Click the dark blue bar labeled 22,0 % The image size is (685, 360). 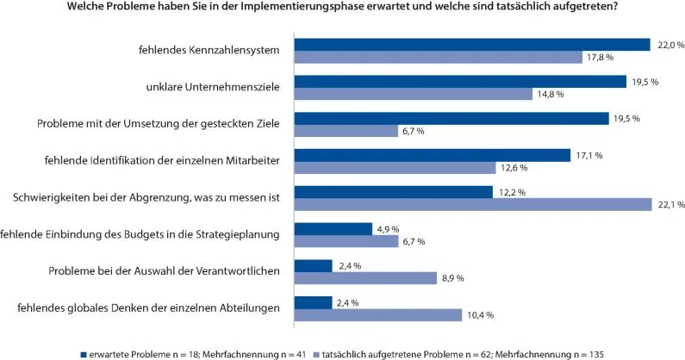click(x=471, y=44)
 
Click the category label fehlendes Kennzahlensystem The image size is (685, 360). click(x=209, y=50)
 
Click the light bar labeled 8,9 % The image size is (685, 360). click(x=365, y=277)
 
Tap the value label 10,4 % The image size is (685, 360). click(x=479, y=315)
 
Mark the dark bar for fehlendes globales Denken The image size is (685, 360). click(x=313, y=302)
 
